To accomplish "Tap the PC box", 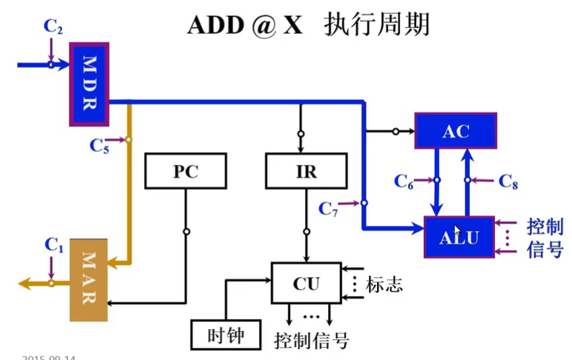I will point(185,172).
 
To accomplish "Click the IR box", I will point(306,172).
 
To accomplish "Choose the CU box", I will point(305,283).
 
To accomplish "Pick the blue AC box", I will point(455,131).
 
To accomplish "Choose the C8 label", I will point(508,181).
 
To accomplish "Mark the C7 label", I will point(329,209).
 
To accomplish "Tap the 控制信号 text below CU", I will point(312,339).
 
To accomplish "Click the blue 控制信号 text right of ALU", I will point(545,238).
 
